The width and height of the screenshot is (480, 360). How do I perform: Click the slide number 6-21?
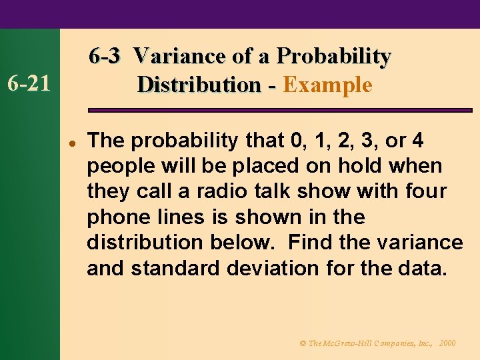pos(28,84)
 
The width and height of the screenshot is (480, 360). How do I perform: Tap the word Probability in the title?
pos(333,56)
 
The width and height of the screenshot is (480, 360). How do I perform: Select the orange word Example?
pos(327,85)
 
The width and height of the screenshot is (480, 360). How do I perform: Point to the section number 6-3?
pos(105,56)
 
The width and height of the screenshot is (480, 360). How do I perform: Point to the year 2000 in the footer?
pos(447,343)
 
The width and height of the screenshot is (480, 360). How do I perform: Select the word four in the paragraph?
pos(423,191)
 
